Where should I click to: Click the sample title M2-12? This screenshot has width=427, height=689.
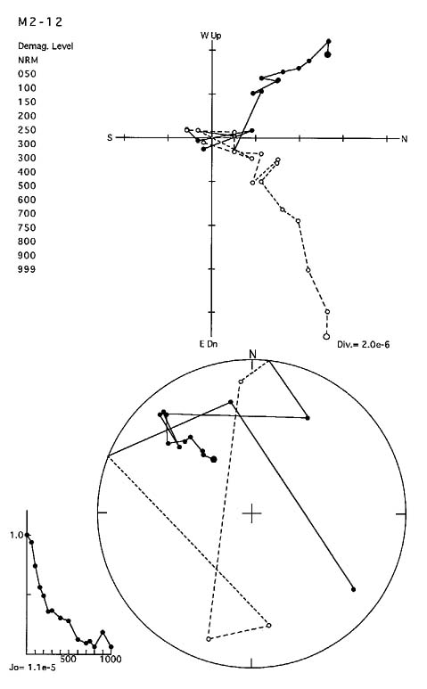coord(40,22)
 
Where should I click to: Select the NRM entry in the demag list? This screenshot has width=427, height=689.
coord(28,61)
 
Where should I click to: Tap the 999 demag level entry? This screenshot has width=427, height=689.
coord(27,269)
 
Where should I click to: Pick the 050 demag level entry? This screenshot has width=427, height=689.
coord(27,74)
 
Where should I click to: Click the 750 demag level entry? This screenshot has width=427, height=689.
coord(27,227)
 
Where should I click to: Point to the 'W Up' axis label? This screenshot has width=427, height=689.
coord(211,36)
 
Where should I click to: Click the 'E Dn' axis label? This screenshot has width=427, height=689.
coord(209,344)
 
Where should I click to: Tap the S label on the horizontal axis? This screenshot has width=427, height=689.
coord(110,138)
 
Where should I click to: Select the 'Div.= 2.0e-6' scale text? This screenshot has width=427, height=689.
coord(363,344)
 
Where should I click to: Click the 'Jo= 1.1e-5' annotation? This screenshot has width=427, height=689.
coord(32,668)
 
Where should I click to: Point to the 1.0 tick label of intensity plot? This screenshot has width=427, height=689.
coord(17,535)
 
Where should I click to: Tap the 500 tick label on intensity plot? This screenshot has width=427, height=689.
coord(68,659)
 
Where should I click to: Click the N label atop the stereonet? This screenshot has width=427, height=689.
coord(252,354)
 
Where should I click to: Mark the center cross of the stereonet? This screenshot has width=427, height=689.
coord(251,513)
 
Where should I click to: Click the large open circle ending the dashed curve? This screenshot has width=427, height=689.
coord(326,337)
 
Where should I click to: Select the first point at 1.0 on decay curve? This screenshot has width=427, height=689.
coord(28,535)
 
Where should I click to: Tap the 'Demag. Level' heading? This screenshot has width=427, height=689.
coord(45,46)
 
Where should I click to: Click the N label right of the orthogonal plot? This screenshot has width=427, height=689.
coord(405,139)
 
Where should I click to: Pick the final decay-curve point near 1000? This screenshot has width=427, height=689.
coord(111,647)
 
